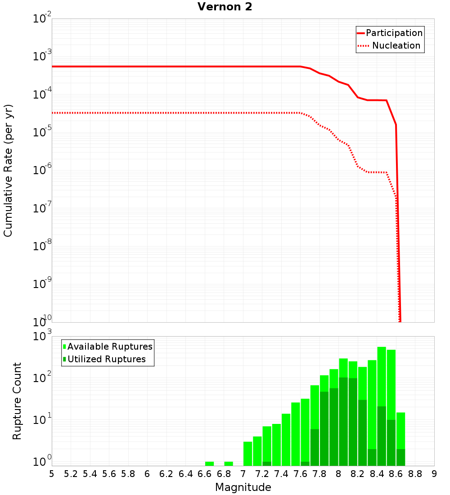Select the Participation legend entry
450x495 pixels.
click(394, 33)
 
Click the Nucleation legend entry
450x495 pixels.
click(396, 45)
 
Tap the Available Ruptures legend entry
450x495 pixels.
click(109, 346)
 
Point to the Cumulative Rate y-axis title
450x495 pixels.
click(8, 171)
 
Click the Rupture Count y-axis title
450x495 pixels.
click(17, 400)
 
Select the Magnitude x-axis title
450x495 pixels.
click(243, 487)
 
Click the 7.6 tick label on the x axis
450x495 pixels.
click(300, 474)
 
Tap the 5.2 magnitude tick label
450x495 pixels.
click(71, 474)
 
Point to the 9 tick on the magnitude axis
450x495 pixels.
click(434, 474)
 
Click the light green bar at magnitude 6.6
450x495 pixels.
click(209, 463)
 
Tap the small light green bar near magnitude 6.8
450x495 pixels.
click(229, 463)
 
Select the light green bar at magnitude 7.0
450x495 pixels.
click(247, 454)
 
